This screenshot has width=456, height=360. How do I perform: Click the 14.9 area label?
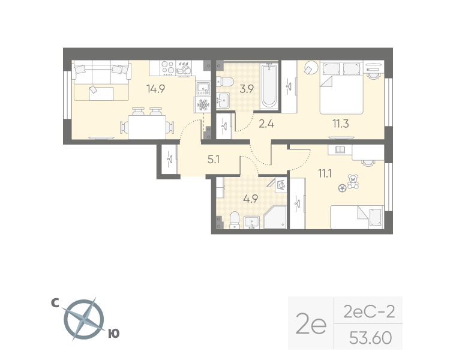click(x=156, y=89)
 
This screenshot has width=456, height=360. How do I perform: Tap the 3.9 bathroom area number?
click(x=247, y=89)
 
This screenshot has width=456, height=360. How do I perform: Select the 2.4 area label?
click(x=266, y=124)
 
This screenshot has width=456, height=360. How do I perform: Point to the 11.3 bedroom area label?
click(x=341, y=124)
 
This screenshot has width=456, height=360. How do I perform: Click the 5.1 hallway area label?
click(x=214, y=160)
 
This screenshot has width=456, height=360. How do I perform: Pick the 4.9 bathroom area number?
click(x=251, y=199)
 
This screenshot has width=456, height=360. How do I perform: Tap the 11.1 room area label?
click(x=325, y=173)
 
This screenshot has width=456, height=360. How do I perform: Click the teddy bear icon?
click(x=353, y=182)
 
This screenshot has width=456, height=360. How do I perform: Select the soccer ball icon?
click(x=342, y=188)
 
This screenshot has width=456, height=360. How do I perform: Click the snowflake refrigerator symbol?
click(x=203, y=104)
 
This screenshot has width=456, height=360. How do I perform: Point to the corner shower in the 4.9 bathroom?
click(x=275, y=217)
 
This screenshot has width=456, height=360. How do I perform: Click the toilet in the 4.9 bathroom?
click(x=234, y=220)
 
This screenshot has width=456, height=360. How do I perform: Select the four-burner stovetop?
click(x=167, y=68)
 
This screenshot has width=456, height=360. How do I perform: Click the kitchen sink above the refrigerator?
click(x=203, y=89)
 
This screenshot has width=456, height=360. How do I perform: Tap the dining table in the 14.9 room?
click(x=147, y=127)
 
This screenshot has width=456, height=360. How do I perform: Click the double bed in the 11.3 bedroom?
click(x=341, y=87)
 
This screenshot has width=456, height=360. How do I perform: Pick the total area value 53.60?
click(x=371, y=338)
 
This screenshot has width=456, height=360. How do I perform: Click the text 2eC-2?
click(x=369, y=312)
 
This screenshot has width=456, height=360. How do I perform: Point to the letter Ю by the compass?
click(x=114, y=334)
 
